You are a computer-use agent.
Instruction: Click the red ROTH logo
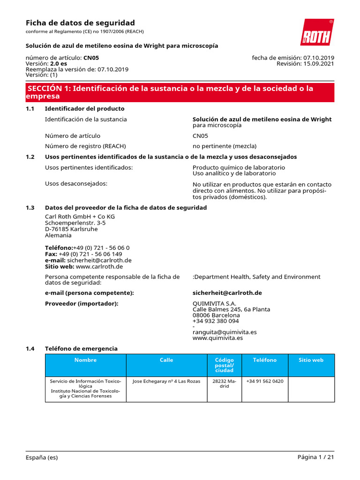pyautogui.click(x=317, y=32)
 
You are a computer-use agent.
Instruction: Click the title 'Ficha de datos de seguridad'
pyautogui.click(x=80, y=23)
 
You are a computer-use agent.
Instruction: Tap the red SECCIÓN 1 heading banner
pyautogui.click(x=180, y=92)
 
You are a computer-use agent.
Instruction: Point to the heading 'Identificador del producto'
pyautogui.click(x=84, y=109)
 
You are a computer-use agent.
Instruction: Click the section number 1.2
pyautogui.click(x=30, y=157)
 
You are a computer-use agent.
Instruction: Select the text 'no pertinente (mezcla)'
pyautogui.click(x=225, y=146)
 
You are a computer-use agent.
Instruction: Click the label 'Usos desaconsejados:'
pyautogui.click(x=76, y=183)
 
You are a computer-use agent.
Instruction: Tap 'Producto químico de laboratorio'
pyautogui.click(x=239, y=167)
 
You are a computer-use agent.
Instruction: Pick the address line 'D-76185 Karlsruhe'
pyautogui.click(x=71, y=229)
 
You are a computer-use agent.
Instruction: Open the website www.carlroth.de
pyautogui.click(x=99, y=266)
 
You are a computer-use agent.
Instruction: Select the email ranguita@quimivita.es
pyautogui.click(x=225, y=332)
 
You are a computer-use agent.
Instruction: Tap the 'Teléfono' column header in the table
pyautogui.click(x=264, y=360)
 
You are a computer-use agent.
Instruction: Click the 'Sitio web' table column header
pyautogui.click(x=311, y=360)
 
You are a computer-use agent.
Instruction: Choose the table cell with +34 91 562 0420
pyautogui.click(x=264, y=382)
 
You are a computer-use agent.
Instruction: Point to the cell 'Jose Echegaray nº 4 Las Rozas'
pyautogui.click(x=166, y=382)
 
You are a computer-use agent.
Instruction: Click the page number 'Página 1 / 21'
pyautogui.click(x=315, y=457)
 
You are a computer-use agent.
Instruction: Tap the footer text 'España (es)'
pyautogui.click(x=42, y=457)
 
